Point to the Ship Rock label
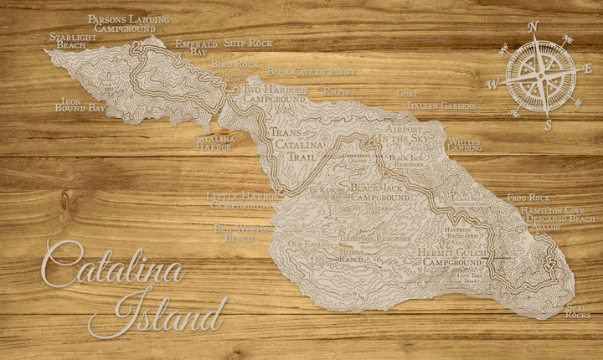point(249,43)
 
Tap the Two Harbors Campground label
point(275,93)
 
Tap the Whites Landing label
point(465,145)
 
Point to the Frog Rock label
point(528,198)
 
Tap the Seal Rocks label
point(578,311)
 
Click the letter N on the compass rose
point(533,27)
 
